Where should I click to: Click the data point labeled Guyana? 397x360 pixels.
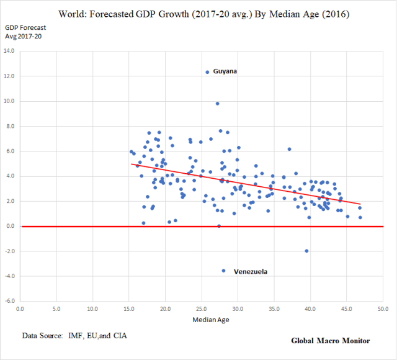point(207,72)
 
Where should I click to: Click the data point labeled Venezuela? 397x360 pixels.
point(224,271)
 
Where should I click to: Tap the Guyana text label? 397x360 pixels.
point(225,71)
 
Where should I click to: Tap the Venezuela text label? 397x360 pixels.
point(251,272)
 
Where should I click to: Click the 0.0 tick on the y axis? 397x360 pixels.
point(10,226)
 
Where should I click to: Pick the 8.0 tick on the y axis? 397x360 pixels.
point(10,126)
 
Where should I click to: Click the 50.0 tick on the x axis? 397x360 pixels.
point(383,308)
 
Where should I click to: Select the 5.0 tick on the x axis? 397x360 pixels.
point(56,308)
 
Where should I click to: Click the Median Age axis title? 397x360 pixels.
point(202,320)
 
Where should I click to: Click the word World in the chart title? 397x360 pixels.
point(73,13)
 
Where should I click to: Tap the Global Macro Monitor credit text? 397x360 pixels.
point(330,341)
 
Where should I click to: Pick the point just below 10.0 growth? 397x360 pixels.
point(217,104)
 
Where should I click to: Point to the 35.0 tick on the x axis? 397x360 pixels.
point(274,308)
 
